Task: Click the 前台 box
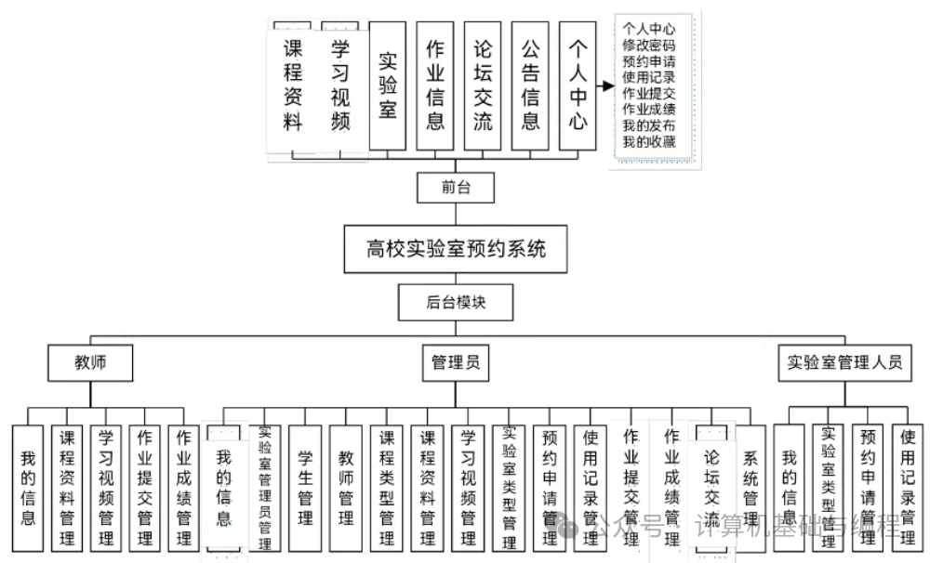coord(456,188)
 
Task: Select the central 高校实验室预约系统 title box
coord(455,248)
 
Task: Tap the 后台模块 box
coord(456,302)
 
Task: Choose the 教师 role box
coord(90,362)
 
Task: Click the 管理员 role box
coord(456,362)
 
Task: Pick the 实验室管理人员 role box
coord(844,362)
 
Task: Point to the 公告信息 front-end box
coord(530,85)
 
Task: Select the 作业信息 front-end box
coord(435,85)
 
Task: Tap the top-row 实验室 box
coord(388,85)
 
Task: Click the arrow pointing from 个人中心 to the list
coord(605,86)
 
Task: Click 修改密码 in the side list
coord(649,45)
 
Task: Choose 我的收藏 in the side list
coord(649,141)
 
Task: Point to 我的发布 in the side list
coord(649,125)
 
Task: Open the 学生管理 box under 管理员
coord(305,489)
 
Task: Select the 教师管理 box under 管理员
coord(346,489)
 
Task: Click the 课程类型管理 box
coord(387,489)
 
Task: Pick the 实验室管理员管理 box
coord(265,489)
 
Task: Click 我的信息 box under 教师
coord(28,489)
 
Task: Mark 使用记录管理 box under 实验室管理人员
coord(908,489)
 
